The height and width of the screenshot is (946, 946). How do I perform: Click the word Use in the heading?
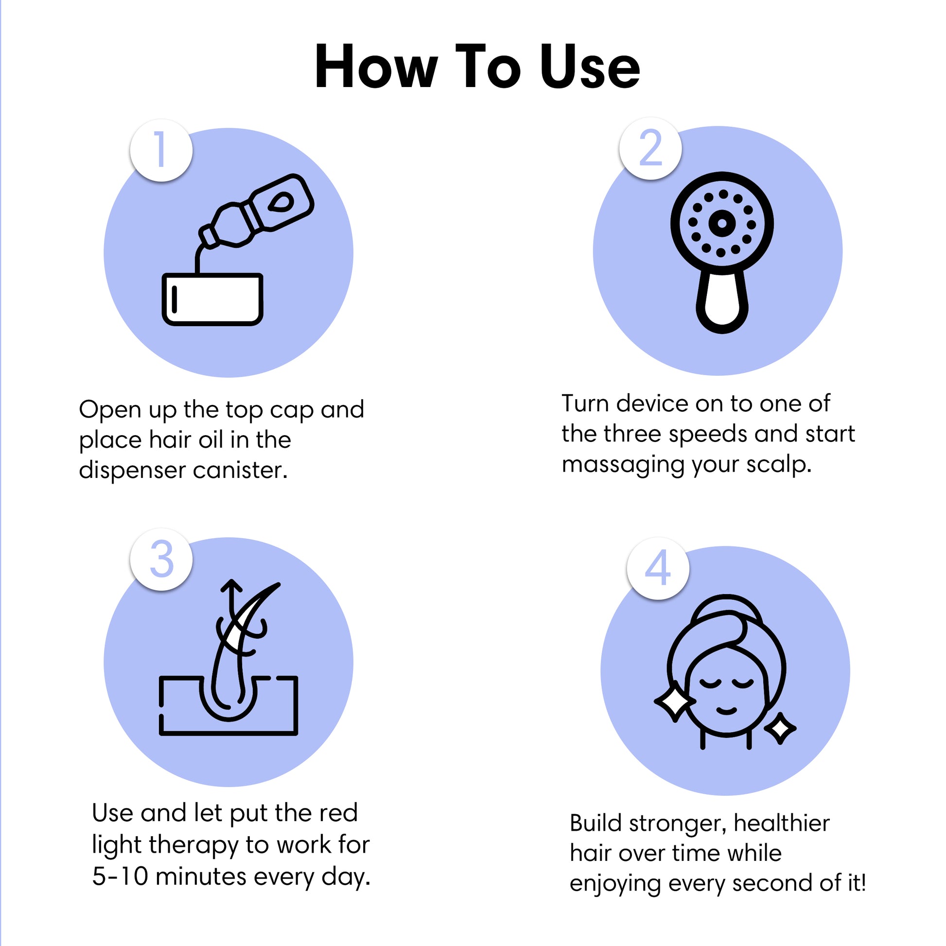[x=590, y=67]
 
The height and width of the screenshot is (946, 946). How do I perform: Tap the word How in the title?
[x=376, y=67]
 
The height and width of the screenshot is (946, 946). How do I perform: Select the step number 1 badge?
[x=161, y=150]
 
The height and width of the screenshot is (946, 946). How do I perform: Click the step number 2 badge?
[x=650, y=148]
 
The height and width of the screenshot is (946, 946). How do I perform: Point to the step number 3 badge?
[x=161, y=559]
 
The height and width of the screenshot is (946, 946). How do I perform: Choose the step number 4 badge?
[x=658, y=568]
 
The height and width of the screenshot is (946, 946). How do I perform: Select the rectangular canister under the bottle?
[x=212, y=299]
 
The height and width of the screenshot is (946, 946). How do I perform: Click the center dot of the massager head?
[x=721, y=223]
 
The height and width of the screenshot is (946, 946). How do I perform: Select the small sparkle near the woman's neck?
[x=780, y=729]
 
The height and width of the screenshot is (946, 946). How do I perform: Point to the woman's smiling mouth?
[x=726, y=711]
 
